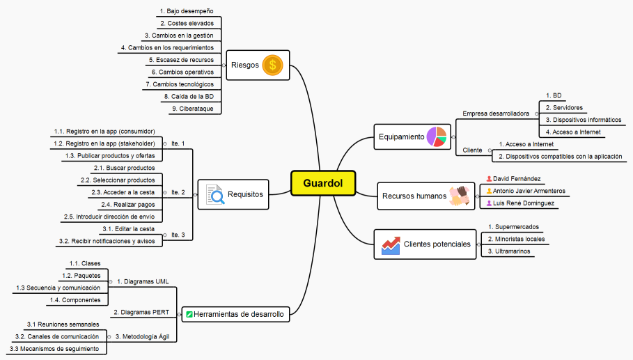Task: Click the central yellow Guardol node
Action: click(x=323, y=183)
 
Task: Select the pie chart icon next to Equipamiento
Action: click(x=436, y=136)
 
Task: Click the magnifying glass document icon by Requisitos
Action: click(x=216, y=194)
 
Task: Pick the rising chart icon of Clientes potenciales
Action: click(x=391, y=245)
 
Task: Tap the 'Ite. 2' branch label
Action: click(x=178, y=191)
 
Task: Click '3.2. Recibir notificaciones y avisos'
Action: click(x=107, y=241)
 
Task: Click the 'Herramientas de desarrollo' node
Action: click(x=237, y=315)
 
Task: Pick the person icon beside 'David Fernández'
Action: click(x=489, y=178)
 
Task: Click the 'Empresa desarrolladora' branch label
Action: click(x=496, y=113)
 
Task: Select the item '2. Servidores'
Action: click(x=564, y=107)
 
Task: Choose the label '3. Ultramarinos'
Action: click(x=510, y=251)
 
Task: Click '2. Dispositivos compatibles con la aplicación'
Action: click(x=561, y=157)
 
